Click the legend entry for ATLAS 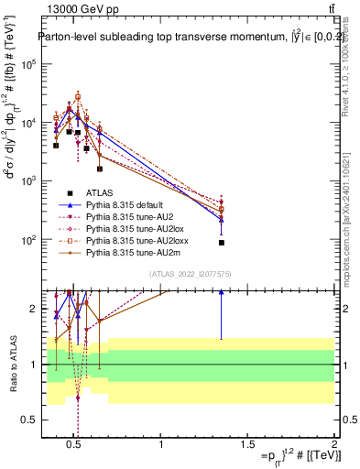(98, 192)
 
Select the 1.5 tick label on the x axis (247, 446)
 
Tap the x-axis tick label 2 (334, 446)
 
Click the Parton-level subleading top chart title (181, 38)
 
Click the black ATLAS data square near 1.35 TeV (222, 243)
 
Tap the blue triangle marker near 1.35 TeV (222, 219)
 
